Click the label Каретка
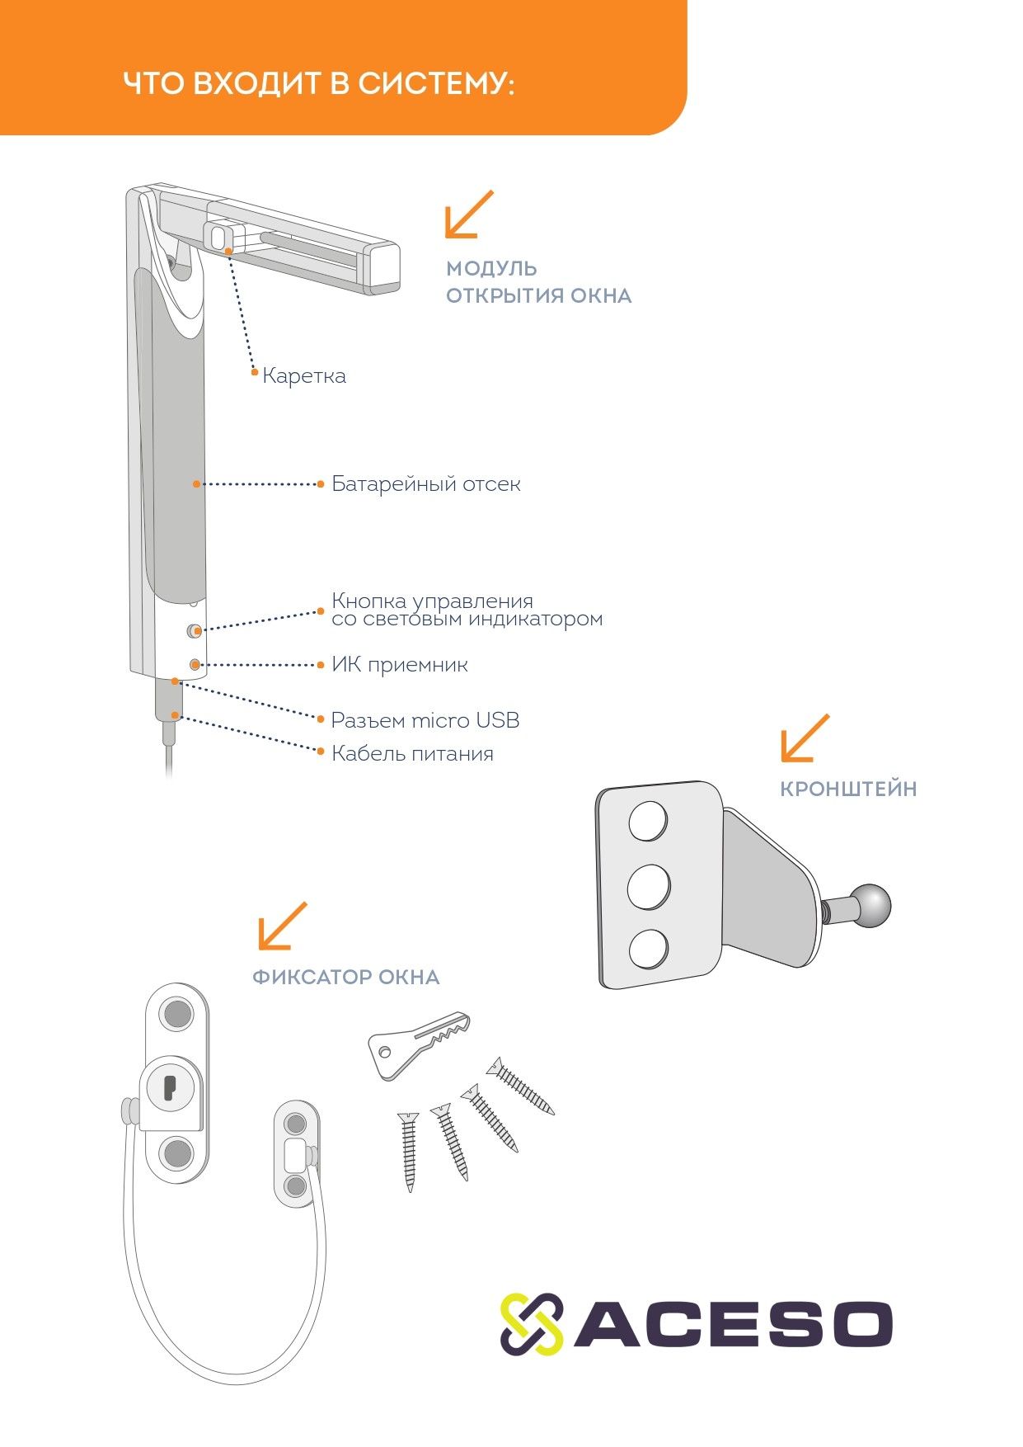[304, 376]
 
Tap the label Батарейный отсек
[426, 484]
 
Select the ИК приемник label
[400, 665]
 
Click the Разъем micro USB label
[425, 720]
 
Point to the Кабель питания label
[412, 753]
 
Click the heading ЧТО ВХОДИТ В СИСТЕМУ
[319, 83]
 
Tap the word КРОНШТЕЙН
[848, 789]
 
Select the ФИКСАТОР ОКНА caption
[346, 978]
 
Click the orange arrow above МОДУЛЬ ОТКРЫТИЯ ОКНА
[469, 214]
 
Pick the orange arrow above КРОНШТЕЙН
[805, 738]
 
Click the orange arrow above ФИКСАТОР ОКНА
[282, 926]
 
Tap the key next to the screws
[419, 1043]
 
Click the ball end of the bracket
[871, 905]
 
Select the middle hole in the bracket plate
[649, 887]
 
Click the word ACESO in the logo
[733, 1325]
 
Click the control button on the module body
[194, 631]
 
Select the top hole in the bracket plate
[649, 821]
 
